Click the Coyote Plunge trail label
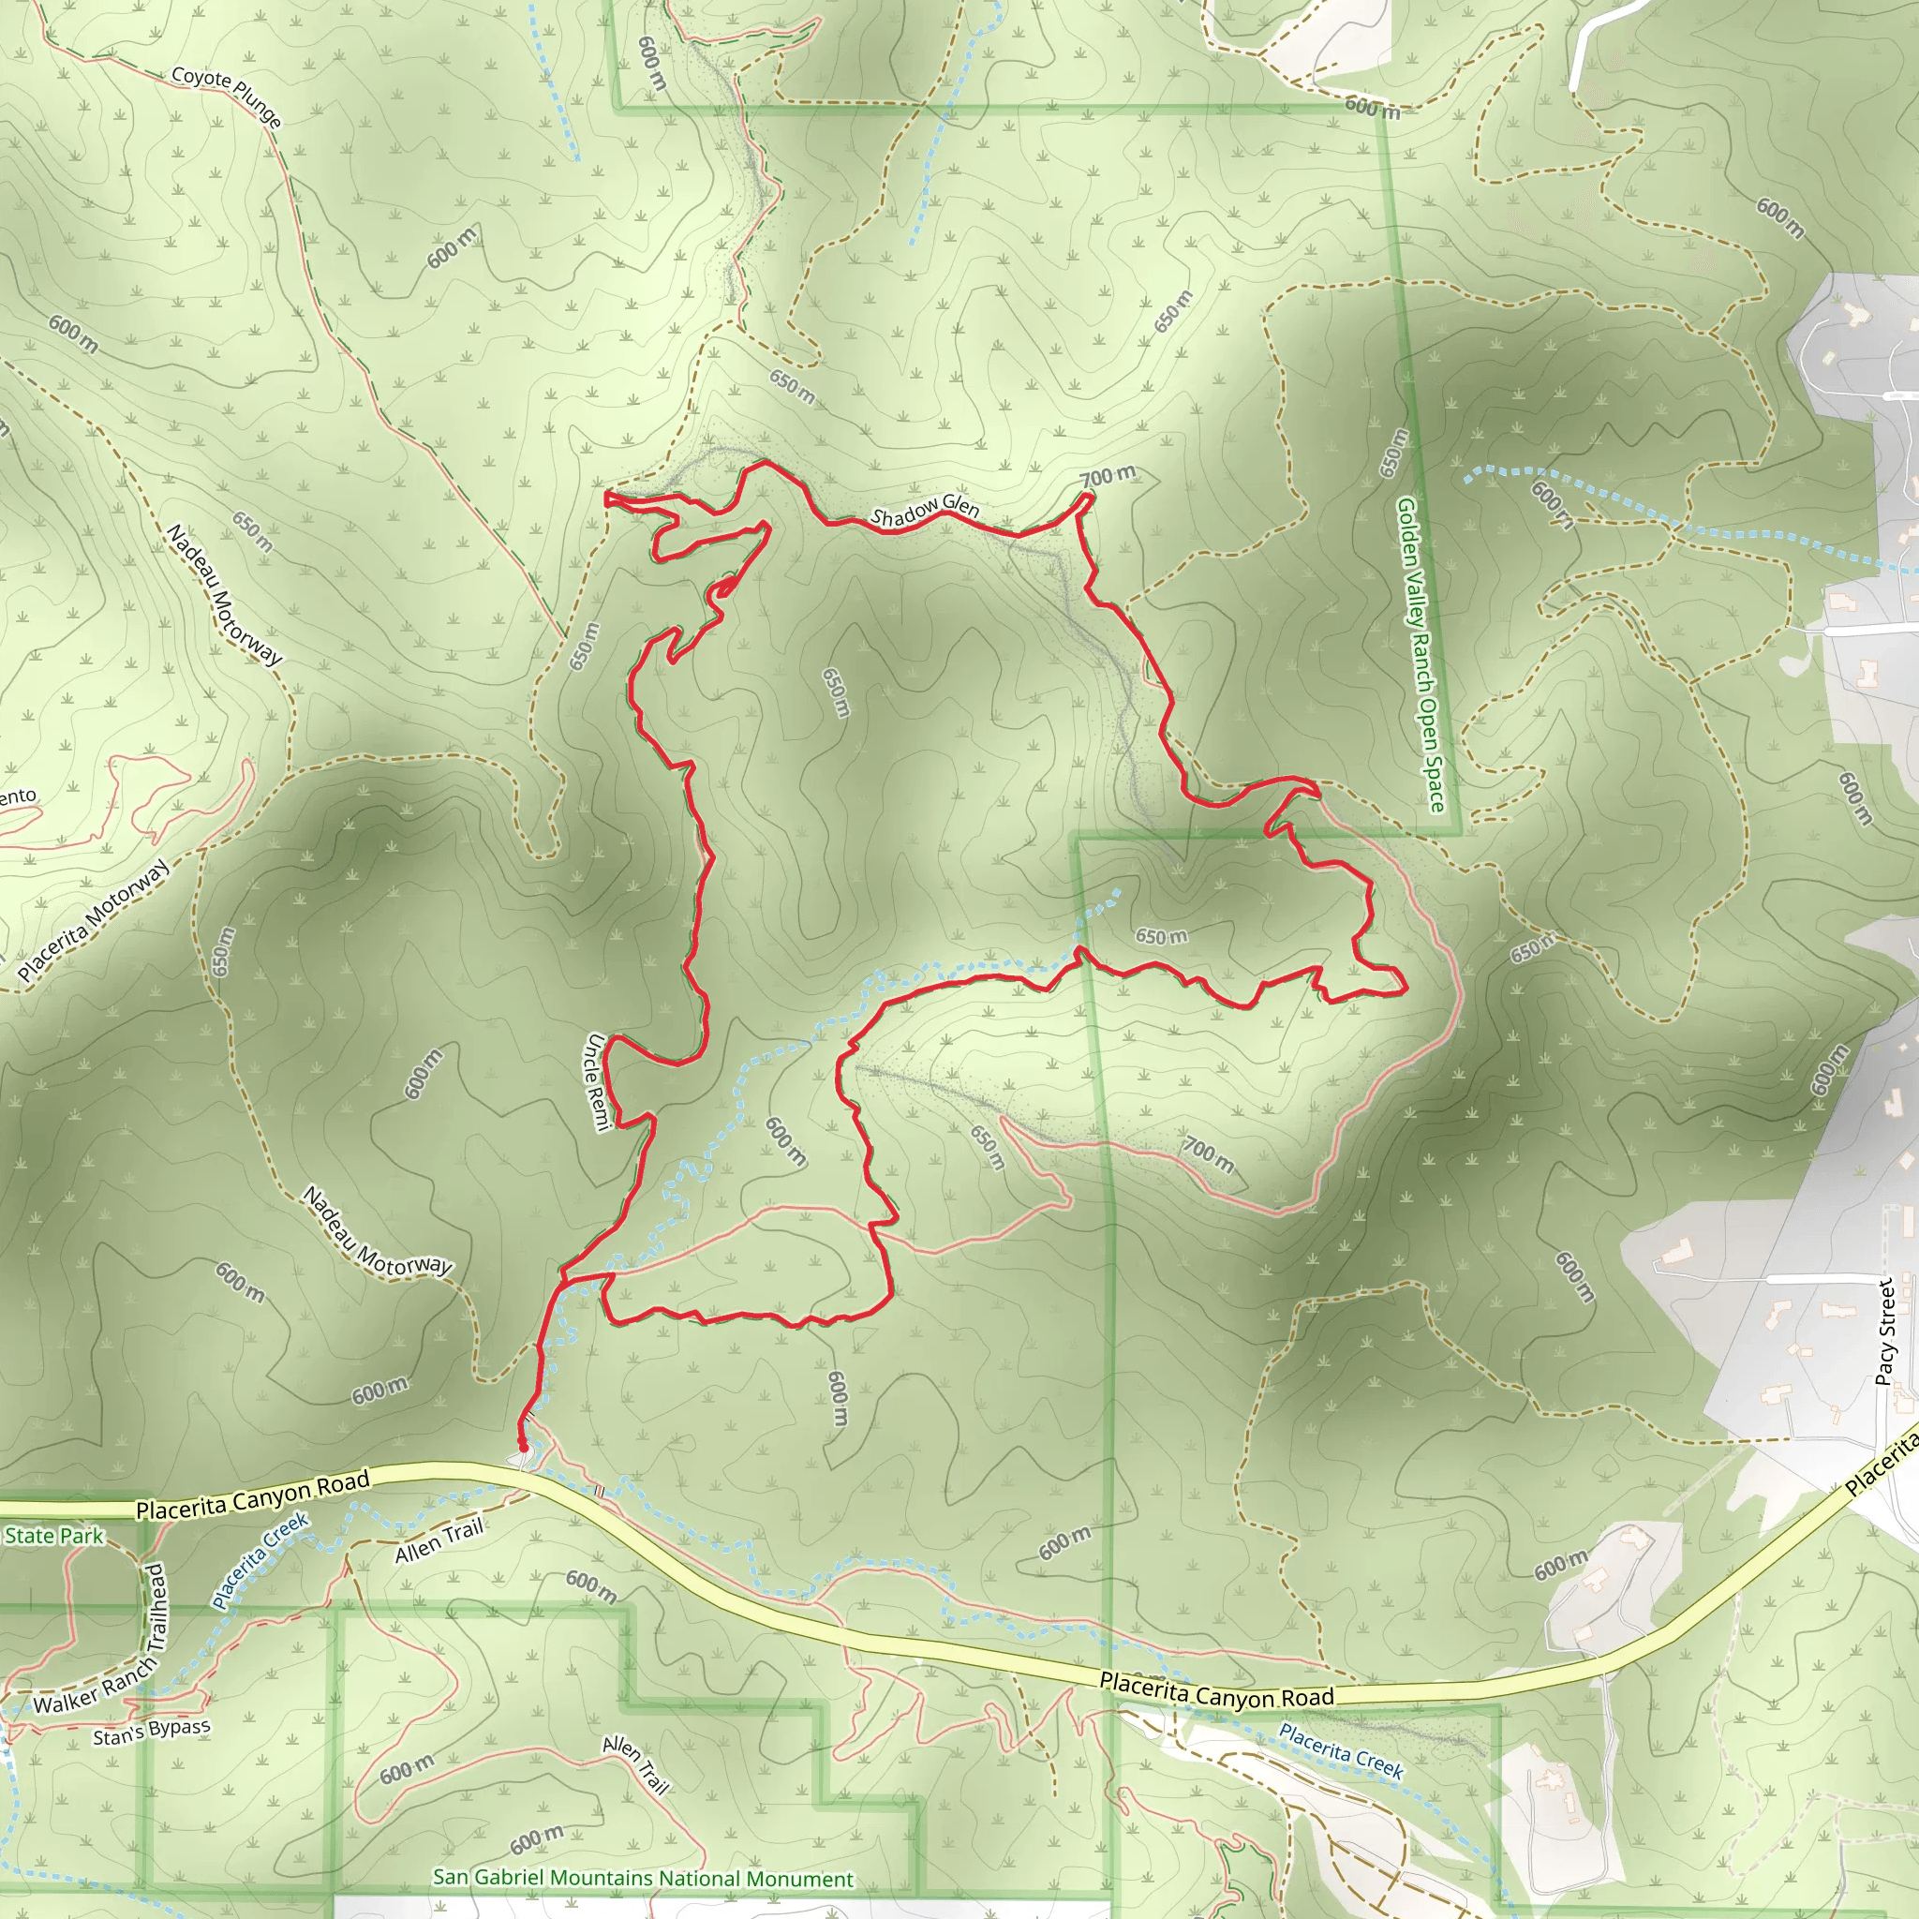(227, 97)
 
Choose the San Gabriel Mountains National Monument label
(643, 1879)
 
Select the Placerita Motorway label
(95, 922)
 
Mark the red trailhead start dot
(523, 1447)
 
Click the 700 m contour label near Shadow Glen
(1108, 477)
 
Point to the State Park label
(53, 1536)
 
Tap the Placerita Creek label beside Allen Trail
(260, 1560)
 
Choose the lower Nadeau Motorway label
(377, 1233)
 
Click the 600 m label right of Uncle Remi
(784, 1141)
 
